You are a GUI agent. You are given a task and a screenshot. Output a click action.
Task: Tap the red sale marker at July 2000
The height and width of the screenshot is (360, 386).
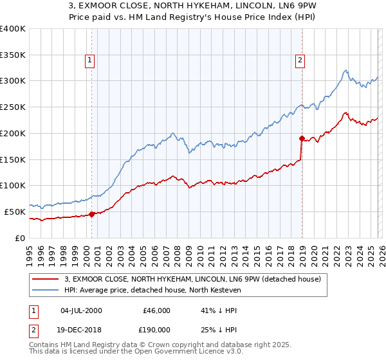pos(91,214)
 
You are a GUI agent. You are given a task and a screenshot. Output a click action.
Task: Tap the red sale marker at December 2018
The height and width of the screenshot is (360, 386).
pos(301,138)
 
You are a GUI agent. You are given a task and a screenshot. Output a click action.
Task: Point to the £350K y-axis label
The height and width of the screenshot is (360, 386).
pos(13,55)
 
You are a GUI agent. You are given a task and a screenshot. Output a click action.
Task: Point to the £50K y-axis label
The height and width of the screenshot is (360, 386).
pos(14,212)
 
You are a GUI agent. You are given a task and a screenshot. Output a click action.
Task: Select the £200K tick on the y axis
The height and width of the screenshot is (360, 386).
pos(13,133)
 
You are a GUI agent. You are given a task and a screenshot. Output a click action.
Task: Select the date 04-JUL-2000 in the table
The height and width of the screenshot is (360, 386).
pos(80,310)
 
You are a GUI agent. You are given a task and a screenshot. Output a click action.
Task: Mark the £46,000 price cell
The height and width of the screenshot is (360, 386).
pos(156,310)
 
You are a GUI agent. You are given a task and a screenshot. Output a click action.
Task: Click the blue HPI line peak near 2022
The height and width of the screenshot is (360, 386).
pos(345,70)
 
